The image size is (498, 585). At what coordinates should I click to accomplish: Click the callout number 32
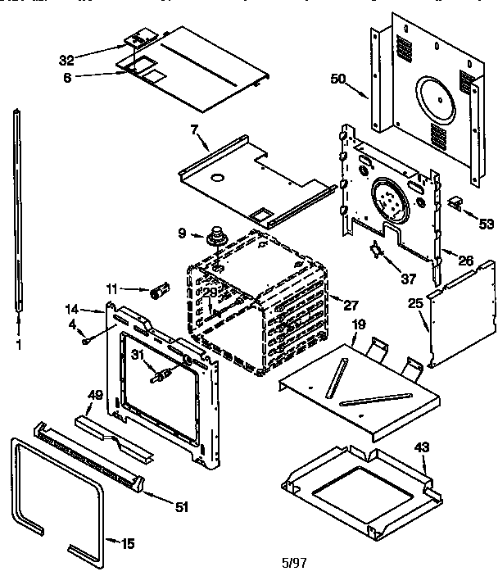click(67, 59)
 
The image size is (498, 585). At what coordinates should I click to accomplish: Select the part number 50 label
click(338, 79)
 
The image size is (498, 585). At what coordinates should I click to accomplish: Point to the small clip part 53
click(455, 202)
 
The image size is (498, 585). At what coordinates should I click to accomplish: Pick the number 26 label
click(465, 261)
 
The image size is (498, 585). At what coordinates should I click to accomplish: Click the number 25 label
click(415, 303)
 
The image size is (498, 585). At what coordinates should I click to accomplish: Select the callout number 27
click(351, 305)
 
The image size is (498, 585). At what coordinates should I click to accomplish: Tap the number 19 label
click(357, 325)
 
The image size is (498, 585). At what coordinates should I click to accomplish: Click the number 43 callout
click(421, 447)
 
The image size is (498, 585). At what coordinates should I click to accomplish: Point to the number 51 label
click(182, 507)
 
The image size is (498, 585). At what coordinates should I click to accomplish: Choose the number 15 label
click(129, 543)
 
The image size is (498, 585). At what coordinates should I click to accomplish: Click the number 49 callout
click(95, 395)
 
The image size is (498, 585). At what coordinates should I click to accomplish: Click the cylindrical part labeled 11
click(159, 290)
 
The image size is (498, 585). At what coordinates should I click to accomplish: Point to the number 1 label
click(17, 345)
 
